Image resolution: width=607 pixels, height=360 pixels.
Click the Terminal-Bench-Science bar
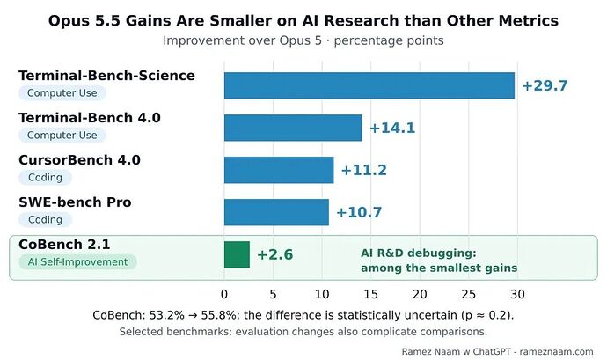(x=369, y=85)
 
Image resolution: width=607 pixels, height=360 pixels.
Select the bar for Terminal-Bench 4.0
(x=293, y=128)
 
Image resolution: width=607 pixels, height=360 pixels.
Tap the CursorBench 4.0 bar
(x=279, y=170)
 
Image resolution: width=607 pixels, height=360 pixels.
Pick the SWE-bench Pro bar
(x=276, y=212)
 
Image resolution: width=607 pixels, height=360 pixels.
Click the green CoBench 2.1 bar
(x=237, y=254)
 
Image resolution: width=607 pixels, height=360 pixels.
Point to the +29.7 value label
(x=545, y=85)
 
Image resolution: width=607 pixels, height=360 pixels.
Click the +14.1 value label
(x=392, y=128)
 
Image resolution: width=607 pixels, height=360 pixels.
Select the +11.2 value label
(x=363, y=170)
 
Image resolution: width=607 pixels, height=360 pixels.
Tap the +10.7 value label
(x=359, y=212)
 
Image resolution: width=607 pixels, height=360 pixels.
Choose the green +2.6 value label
(x=274, y=254)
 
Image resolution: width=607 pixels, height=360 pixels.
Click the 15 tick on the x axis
(x=370, y=295)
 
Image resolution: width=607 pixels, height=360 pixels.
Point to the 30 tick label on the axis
(x=517, y=295)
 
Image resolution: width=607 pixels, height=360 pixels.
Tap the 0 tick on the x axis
(x=224, y=295)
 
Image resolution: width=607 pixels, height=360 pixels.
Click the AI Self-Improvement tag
(x=77, y=262)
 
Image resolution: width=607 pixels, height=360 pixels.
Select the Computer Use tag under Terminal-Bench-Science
(x=62, y=93)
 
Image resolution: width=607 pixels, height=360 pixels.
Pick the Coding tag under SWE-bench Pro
(x=45, y=220)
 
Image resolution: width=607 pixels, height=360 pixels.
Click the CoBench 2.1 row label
(x=64, y=245)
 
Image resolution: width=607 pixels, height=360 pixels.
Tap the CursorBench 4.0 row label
(x=79, y=160)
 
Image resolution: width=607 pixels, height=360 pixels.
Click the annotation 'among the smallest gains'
(x=439, y=268)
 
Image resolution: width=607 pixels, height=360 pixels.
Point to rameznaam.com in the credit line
(x=556, y=352)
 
